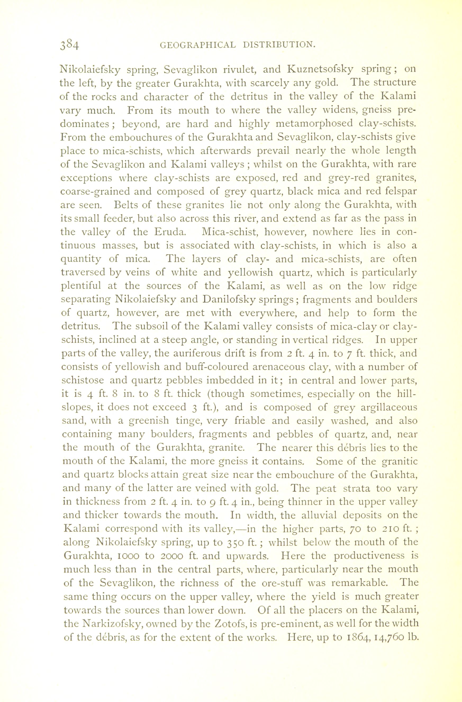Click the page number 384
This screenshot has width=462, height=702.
[x=70, y=45]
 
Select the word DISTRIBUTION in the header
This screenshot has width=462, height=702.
[x=280, y=45]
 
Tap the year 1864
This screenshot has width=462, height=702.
[x=357, y=637]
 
